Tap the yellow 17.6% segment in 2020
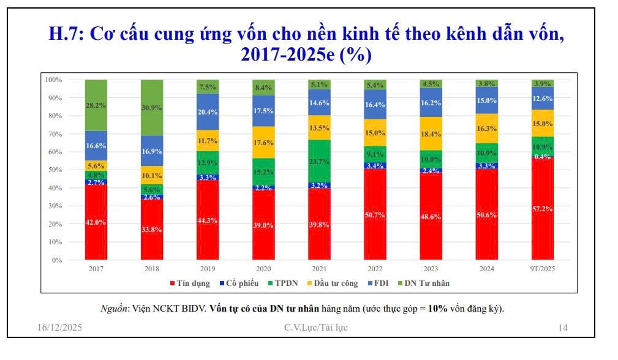click(264, 144)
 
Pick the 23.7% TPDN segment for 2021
click(320, 162)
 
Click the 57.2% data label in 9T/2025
click(543, 209)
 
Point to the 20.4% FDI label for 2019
click(208, 111)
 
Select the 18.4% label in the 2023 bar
click(431, 133)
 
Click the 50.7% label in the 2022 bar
click(375, 214)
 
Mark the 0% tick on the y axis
click(56, 260)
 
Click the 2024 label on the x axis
click(487, 269)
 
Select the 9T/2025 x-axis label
click(543, 269)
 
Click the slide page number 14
click(563, 328)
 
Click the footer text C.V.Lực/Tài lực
click(315, 328)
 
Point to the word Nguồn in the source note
click(113, 309)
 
